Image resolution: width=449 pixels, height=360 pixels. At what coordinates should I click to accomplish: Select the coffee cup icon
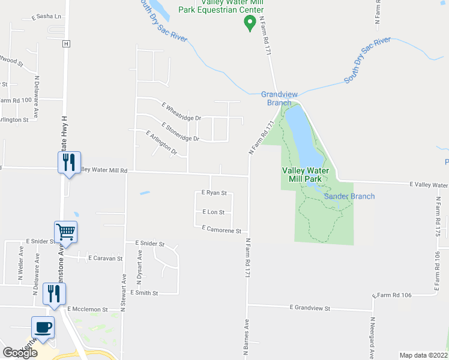coord(43,328)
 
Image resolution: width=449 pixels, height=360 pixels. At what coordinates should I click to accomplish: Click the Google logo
coord(20,353)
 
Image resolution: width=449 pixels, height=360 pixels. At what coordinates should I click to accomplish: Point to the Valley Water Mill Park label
coord(306,175)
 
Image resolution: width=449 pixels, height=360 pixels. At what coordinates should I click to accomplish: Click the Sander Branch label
coord(349,196)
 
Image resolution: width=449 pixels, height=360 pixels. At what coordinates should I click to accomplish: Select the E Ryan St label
coord(214,193)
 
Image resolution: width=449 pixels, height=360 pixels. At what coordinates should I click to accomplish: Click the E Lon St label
coord(213,212)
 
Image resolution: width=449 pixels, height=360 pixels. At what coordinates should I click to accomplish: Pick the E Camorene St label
coord(221,230)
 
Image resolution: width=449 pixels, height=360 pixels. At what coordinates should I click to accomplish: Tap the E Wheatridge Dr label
coord(181,111)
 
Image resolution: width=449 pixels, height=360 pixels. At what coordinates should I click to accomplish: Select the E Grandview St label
coord(310,308)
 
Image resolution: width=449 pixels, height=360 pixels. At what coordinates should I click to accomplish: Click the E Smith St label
coord(143,293)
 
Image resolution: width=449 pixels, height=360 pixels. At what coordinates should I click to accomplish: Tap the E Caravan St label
coord(105,258)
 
